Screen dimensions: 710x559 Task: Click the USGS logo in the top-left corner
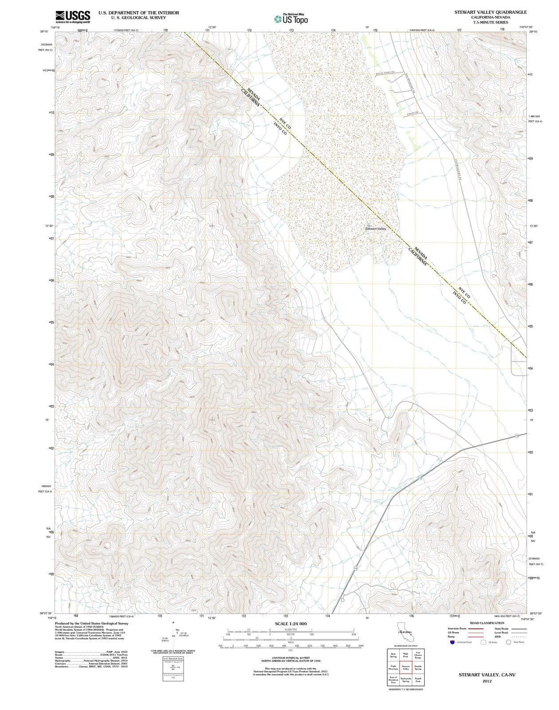73,17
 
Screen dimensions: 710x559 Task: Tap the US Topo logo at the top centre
291,19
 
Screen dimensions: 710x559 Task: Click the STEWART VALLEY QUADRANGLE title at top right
490,12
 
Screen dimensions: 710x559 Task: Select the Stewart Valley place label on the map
375,229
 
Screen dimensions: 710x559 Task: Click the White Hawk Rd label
385,73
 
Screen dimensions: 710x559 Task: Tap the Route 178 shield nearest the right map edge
517,437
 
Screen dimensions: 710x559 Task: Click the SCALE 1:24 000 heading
291,623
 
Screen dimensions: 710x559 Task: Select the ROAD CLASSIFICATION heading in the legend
487,623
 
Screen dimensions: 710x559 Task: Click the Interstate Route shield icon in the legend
452,642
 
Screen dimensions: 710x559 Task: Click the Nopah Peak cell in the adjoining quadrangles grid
418,679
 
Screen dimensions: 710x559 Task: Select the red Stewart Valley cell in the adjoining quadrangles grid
405,667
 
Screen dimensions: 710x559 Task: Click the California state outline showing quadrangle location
405,632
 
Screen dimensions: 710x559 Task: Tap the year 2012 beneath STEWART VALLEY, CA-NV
487,681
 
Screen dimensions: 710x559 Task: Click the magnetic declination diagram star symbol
173,623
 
